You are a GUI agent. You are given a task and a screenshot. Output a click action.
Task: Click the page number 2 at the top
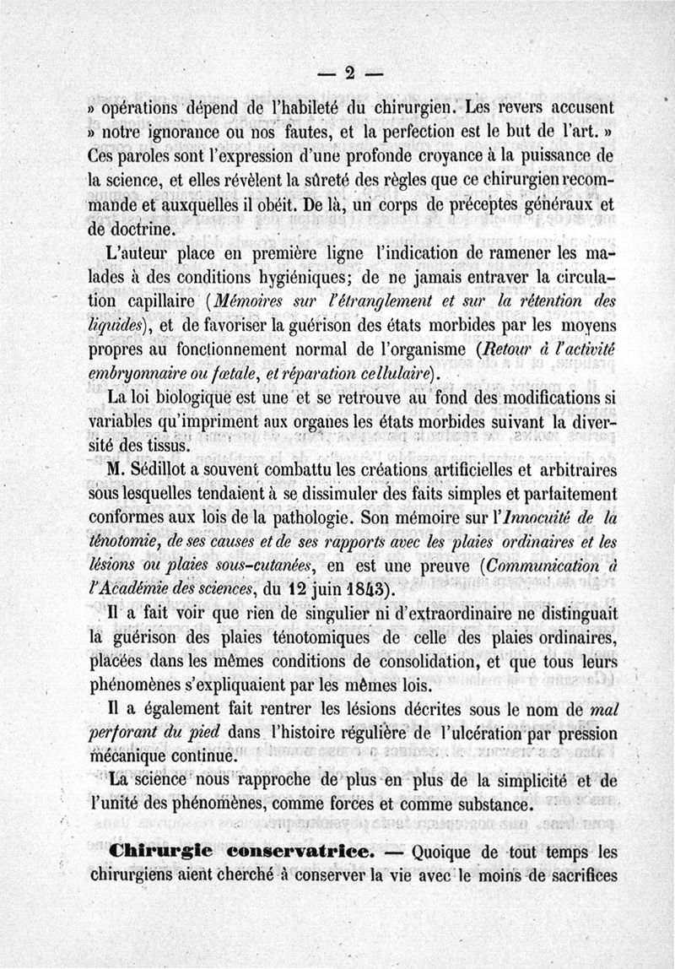click(x=349, y=73)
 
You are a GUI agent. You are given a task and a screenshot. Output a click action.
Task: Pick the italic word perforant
click(x=126, y=734)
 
